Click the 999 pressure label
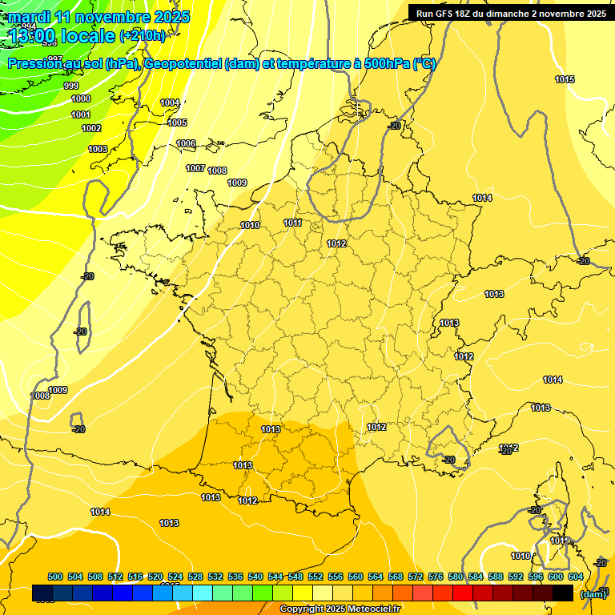[71, 86]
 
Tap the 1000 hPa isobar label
[81, 99]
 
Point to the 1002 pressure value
[91, 129]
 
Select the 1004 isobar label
[170, 103]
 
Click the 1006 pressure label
[186, 144]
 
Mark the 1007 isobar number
[195, 169]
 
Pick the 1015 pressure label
[565, 79]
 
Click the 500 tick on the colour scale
[55, 577]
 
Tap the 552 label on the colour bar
[316, 577]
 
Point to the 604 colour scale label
[576, 577]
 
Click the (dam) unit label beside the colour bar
[593, 594]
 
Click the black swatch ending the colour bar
[563, 593]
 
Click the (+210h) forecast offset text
[143, 35]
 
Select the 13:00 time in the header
[33, 35]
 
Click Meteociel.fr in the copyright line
[374, 609]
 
